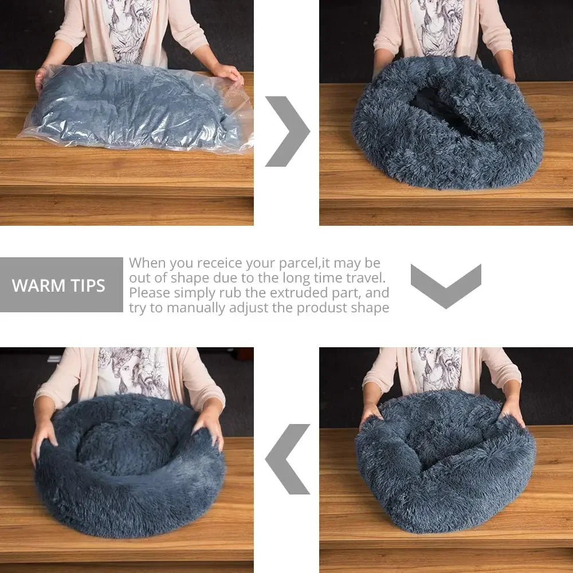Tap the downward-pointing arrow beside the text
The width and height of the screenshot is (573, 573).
coord(446,285)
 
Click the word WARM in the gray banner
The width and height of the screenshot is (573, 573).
coord(37,285)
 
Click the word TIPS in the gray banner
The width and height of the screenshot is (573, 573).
coord(85,285)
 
